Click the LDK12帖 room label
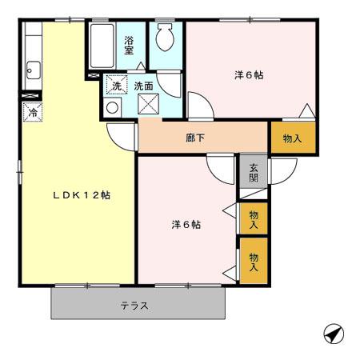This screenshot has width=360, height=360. coord(81,195)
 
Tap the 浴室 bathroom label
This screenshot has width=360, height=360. coord(128,44)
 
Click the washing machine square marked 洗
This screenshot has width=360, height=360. coord(116,85)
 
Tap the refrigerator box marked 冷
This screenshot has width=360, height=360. coord(33,112)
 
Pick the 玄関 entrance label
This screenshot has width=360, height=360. coord(252,174)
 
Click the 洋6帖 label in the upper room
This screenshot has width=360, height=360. coord(249,75)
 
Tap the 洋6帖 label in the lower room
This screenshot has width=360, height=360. coord(185,224)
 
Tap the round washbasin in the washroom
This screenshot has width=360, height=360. coord(113,106)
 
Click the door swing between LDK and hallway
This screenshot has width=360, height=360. coord(122,136)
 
